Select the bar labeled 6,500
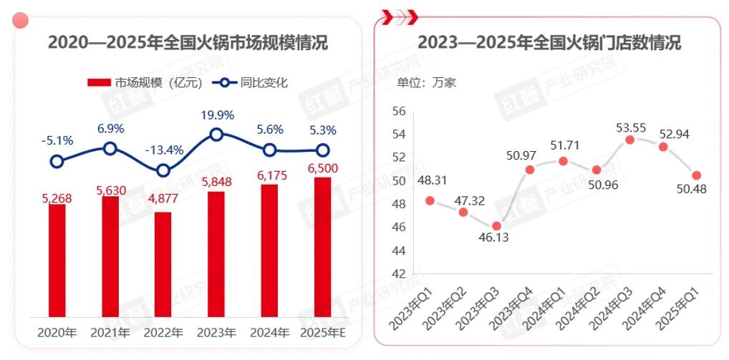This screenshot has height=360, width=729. pos(323,247)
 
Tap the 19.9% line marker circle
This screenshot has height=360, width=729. pos(217,134)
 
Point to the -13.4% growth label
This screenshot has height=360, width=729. pos(164,150)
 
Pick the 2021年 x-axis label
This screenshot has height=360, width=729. pos(110,333)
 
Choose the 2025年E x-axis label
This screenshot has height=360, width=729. pos(323,333)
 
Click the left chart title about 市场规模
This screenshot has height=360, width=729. pos(188,42)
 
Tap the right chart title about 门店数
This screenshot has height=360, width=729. pos(549,42)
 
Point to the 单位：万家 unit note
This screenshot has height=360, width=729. pos(427,82)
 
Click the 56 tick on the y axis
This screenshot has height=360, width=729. pos(400,112)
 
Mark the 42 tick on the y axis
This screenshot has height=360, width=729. pos(400,273)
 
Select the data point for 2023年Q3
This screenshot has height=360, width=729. pos(497,226)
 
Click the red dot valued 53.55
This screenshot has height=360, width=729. pos(630,140)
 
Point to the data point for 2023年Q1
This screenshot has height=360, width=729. pos(430,200)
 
